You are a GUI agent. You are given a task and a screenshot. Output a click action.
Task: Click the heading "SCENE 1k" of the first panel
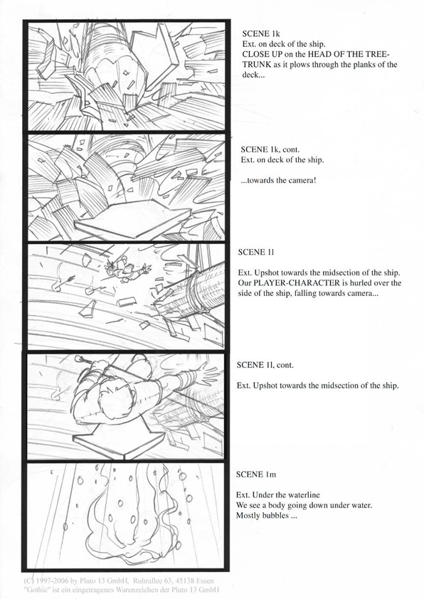tap(261, 33)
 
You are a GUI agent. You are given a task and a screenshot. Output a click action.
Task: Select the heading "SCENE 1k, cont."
tap(270, 149)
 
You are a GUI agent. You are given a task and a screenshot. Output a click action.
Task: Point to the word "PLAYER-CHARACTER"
tap(297, 283)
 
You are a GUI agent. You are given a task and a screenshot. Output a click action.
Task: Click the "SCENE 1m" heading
tap(255, 475)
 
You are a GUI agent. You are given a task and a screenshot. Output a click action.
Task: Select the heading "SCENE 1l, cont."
tap(265, 365)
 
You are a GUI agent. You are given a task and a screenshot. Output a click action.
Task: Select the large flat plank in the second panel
tap(132, 218)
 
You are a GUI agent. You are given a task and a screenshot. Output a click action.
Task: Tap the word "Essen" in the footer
tap(205, 581)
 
